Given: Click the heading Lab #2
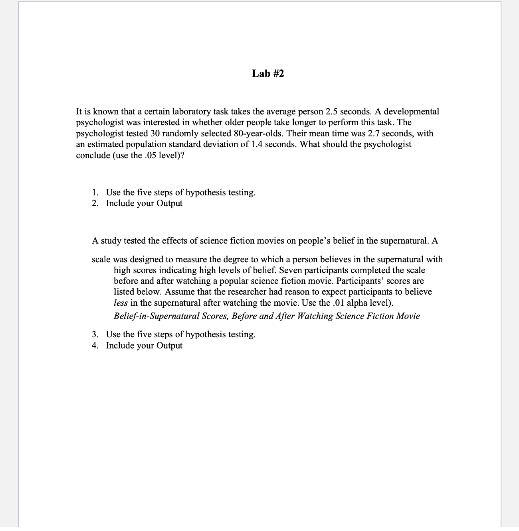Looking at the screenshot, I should coord(267,74).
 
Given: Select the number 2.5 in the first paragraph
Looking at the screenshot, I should coord(332,112).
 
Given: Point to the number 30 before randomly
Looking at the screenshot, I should coord(155,134).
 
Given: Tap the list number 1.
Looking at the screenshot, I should coord(95,193).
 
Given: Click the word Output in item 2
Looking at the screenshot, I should coord(169,203).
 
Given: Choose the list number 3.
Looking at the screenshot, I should coord(95,334).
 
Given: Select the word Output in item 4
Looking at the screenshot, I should coord(169,346).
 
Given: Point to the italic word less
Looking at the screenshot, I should coord(121,303).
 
